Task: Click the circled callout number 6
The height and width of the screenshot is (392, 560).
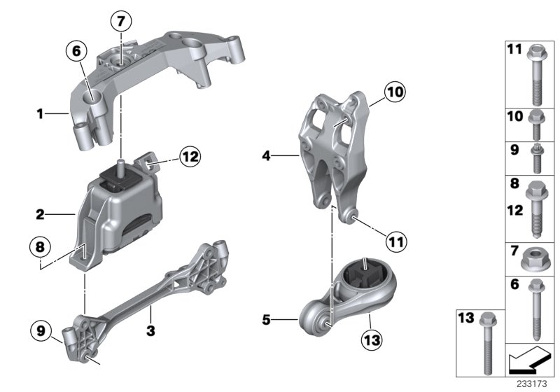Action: (76, 50)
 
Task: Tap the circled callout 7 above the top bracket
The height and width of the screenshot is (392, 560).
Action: (120, 22)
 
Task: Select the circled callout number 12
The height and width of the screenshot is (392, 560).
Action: (189, 157)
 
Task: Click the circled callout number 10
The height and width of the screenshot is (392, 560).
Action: (394, 91)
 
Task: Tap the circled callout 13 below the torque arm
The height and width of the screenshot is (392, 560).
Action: (370, 341)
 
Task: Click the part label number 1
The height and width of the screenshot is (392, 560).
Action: (41, 112)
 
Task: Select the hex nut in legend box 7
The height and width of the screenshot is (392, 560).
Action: (535, 260)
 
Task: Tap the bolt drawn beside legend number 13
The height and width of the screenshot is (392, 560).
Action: (486, 342)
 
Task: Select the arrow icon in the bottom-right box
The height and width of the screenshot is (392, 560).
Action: (530, 360)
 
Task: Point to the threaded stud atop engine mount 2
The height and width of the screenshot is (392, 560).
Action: (120, 166)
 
